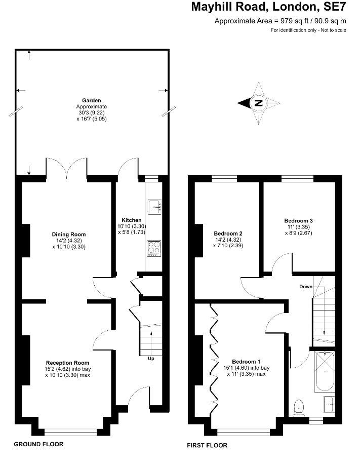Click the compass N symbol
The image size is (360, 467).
258,103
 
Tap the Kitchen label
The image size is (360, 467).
132,220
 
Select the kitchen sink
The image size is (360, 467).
154,206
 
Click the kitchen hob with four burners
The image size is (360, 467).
154,248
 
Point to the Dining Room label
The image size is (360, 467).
69,235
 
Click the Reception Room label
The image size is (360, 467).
67,363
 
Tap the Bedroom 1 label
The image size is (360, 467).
246,362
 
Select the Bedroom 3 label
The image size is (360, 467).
298,221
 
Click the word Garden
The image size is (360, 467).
92,100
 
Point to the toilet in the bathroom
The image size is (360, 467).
298,408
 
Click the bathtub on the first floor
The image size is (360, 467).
325,371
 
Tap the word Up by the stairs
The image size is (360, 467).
151,359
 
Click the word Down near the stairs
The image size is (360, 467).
306,287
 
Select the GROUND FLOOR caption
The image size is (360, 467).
38,444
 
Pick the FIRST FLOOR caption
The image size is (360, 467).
207,445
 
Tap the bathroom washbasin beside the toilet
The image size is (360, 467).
329,405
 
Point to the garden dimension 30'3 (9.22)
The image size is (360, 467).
92,112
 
